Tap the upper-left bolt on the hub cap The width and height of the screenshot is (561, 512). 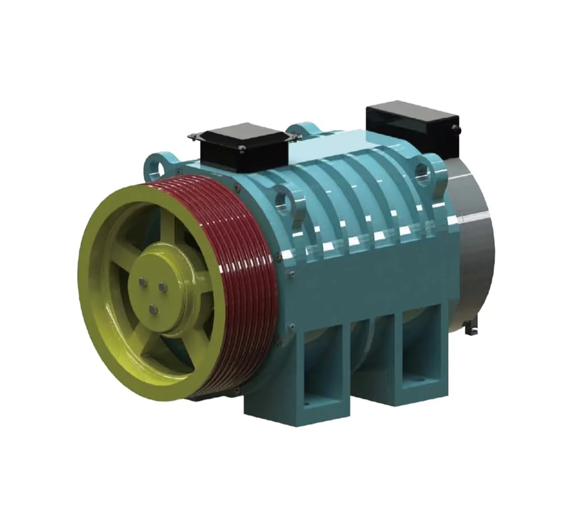(143, 283)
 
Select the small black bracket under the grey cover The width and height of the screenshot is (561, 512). (471, 330)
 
